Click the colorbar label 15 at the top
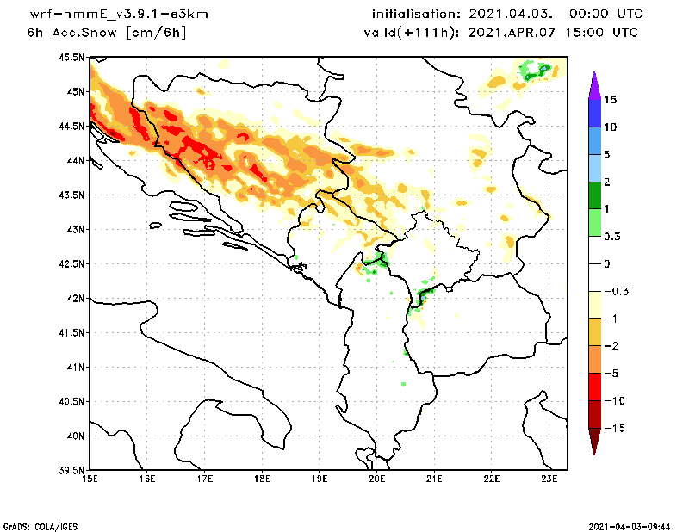(x=610, y=100)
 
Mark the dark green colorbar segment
(x=593, y=195)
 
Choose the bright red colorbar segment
(x=593, y=387)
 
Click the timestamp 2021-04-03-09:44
(x=630, y=525)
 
